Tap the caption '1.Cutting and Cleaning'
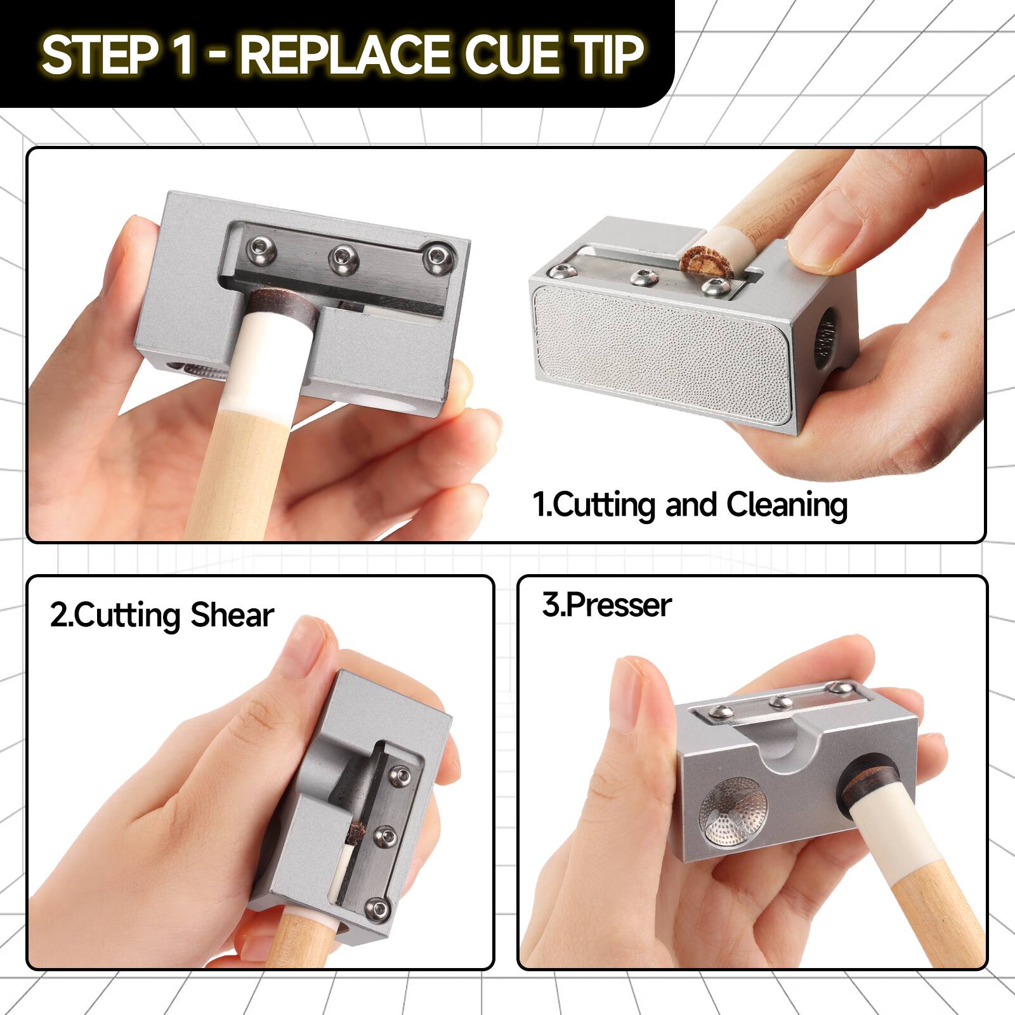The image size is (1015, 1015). coord(690,505)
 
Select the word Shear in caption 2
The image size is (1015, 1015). coord(232,615)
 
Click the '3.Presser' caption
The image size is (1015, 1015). coord(606,605)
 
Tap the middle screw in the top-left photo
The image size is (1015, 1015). coord(344,259)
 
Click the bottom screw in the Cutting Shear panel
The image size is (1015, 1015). coord(379,909)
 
